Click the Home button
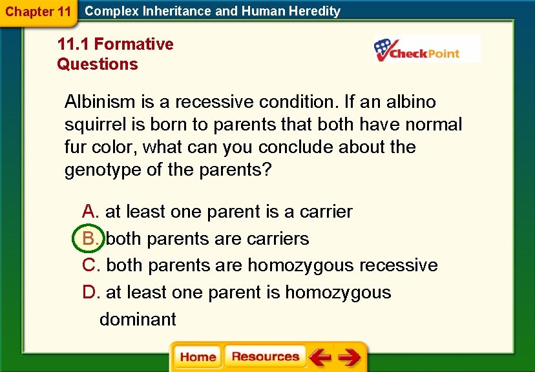(198, 357)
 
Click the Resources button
(265, 357)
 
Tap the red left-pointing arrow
(319, 357)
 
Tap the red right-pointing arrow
(349, 357)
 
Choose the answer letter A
(90, 212)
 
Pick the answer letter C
(90, 265)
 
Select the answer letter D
(90, 293)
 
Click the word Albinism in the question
(100, 102)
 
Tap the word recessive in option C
(398, 265)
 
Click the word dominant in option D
(138, 320)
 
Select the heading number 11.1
(74, 45)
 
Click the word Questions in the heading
(98, 65)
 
